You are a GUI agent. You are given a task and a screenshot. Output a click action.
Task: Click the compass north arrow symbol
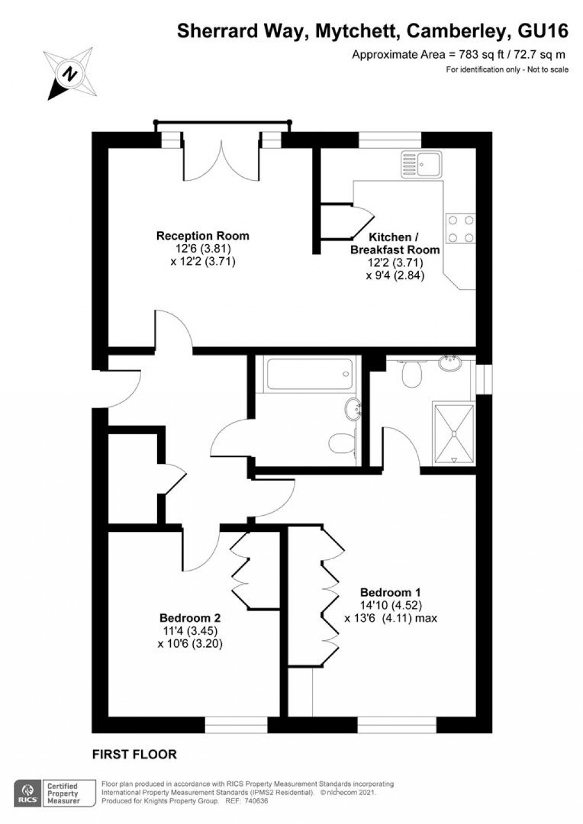(70, 74)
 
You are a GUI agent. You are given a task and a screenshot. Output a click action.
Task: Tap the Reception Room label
(203, 236)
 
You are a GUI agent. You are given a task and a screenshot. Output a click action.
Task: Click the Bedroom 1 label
(390, 592)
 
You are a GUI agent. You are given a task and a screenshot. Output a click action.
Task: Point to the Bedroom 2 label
(190, 618)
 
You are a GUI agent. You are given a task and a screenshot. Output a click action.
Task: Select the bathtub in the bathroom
(308, 375)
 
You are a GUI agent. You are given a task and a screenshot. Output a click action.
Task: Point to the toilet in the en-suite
(411, 373)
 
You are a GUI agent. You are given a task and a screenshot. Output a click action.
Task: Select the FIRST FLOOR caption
(134, 755)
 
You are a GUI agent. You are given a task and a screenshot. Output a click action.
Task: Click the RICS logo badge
(27, 794)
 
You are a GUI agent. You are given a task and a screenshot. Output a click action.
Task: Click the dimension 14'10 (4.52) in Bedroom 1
(392, 606)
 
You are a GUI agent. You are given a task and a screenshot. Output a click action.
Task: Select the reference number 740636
(255, 801)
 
